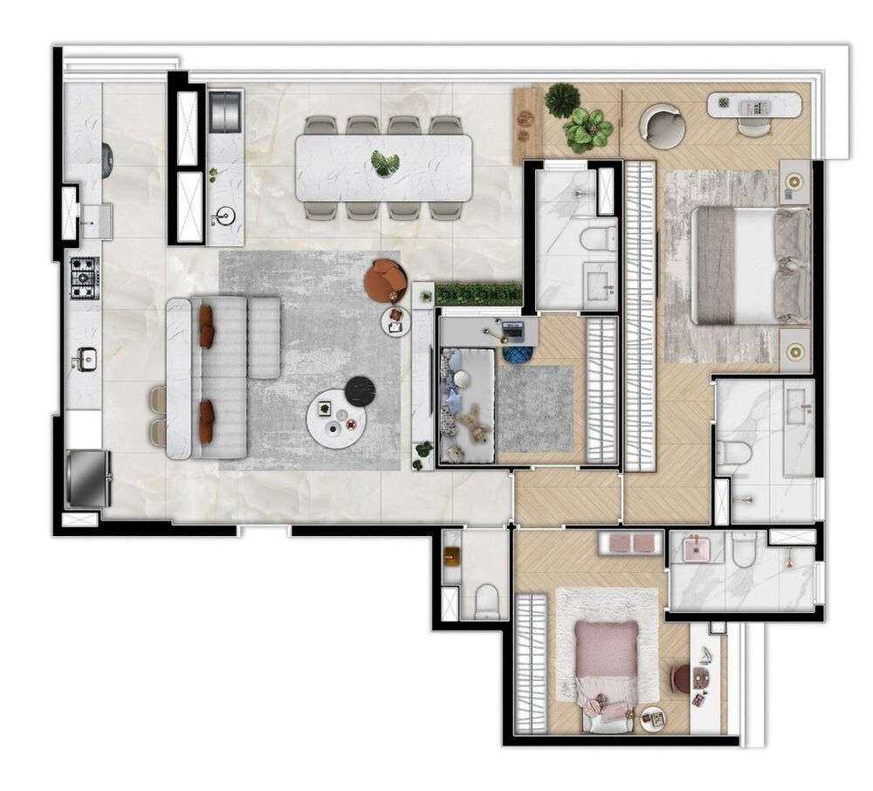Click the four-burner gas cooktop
pos(85,277)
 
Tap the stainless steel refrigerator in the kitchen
pos(88,478)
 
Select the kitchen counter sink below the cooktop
pos(86,358)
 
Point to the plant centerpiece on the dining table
pos(384,162)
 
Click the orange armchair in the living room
pos(385,280)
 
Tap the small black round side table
pos(359,391)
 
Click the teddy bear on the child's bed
pos(472,424)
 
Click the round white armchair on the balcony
pos(665,127)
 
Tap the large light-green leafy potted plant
pos(588,130)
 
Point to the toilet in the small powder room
pos(487,600)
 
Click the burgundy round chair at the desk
pos(682,678)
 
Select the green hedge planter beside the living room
pos(478,294)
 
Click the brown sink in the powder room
pos(451,555)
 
